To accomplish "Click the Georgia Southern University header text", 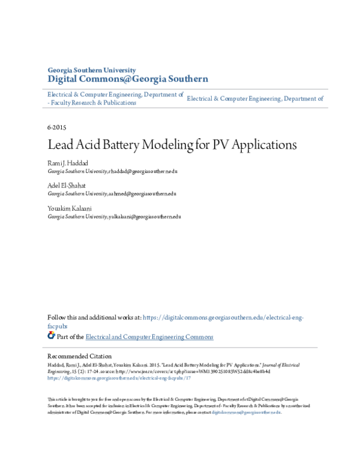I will point(92,70).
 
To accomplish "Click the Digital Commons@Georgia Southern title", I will point(128,79).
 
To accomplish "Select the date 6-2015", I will point(56,128).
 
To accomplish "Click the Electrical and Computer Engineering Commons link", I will point(149,337).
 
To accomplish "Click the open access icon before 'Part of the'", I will point(51,336).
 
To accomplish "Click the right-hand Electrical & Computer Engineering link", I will point(255,98).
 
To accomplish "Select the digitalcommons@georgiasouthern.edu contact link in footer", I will point(246,413).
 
